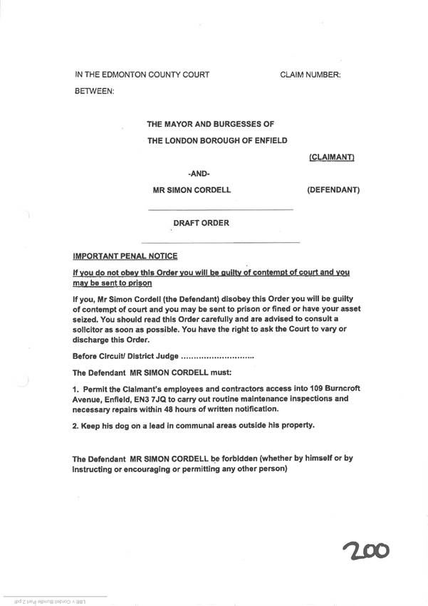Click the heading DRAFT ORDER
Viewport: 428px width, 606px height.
(202, 224)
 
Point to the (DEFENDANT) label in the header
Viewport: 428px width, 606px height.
(333, 190)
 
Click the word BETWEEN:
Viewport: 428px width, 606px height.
(94, 92)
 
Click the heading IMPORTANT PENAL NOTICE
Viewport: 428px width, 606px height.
(125, 256)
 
